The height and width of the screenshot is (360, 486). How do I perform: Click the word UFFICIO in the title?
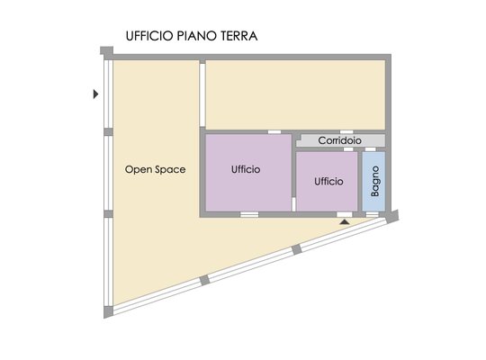(x=149, y=36)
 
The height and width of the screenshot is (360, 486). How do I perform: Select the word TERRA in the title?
(x=239, y=36)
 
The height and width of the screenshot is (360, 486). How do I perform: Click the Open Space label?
(x=156, y=169)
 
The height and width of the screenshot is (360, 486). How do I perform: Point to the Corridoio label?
(x=339, y=140)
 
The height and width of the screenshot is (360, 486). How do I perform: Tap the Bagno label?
(x=375, y=181)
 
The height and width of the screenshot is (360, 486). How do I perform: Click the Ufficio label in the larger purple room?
(x=246, y=169)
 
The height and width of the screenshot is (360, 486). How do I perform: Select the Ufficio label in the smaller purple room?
(x=328, y=182)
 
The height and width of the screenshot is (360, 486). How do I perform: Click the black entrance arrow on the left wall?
(x=95, y=94)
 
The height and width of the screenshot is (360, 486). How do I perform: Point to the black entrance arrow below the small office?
(x=345, y=221)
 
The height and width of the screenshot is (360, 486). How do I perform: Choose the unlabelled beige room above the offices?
(x=296, y=94)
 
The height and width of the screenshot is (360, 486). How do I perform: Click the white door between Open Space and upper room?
(x=202, y=94)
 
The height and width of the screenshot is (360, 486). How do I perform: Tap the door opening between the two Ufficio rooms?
(x=293, y=204)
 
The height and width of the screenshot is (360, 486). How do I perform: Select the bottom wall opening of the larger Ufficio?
(x=249, y=214)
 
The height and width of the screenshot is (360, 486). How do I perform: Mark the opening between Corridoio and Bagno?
(x=371, y=149)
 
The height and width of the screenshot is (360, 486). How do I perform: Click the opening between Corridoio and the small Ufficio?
(x=348, y=149)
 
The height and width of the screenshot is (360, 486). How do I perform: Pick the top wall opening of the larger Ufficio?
(x=274, y=132)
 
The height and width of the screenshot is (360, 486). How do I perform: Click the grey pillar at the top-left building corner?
(x=106, y=50)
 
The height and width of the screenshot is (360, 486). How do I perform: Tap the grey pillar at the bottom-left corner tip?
(x=108, y=311)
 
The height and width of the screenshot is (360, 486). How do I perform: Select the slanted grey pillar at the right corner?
(x=392, y=216)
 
